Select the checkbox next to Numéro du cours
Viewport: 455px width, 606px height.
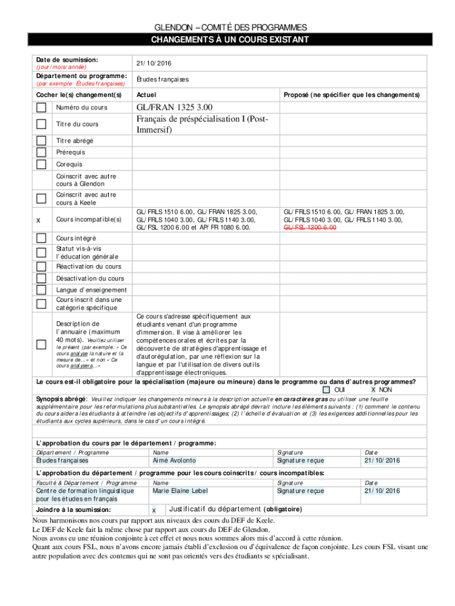pyautogui.click(x=41, y=108)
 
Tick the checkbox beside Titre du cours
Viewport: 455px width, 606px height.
pyautogui.click(x=41, y=124)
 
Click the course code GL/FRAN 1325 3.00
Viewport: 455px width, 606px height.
pyautogui.click(x=174, y=107)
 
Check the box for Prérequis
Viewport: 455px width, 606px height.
pyautogui.click(x=41, y=152)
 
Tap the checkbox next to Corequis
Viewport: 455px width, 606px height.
pyautogui.click(x=41, y=164)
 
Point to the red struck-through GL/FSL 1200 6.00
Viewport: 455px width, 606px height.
pyautogui.click(x=310, y=227)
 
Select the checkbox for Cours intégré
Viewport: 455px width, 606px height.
pyautogui.click(x=41, y=238)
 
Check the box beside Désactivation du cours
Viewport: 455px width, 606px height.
pyautogui.click(x=41, y=278)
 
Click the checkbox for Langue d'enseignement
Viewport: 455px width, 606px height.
pyautogui.click(x=41, y=290)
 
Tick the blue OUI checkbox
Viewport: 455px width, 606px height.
pyautogui.click(x=326, y=390)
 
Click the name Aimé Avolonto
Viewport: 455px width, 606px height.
pyautogui.click(x=174, y=460)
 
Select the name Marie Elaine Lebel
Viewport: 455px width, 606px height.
pyautogui.click(x=178, y=491)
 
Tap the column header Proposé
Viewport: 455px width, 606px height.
pyautogui.click(x=352, y=95)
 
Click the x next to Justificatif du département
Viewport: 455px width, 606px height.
pyautogui.click(x=154, y=510)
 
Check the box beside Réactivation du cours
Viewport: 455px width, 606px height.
pyautogui.click(x=41, y=266)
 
